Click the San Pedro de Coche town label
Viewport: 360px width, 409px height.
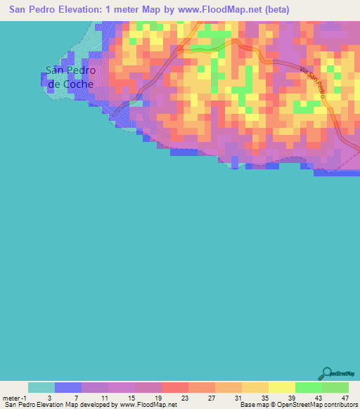pyautogui.click(x=69, y=77)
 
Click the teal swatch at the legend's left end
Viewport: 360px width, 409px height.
pyautogui.click(x=41, y=387)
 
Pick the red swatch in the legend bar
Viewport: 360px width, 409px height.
pyautogui.click(x=174, y=387)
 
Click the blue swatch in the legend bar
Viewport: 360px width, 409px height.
pyautogui.click(x=68, y=387)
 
